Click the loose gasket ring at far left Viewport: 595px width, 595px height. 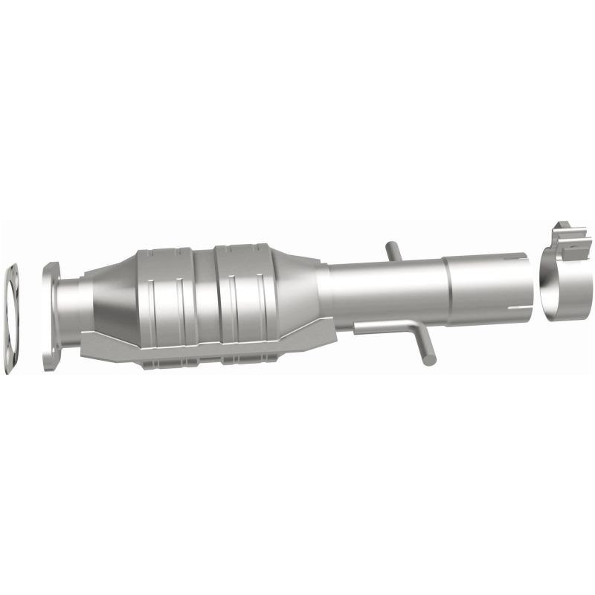[12, 316]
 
